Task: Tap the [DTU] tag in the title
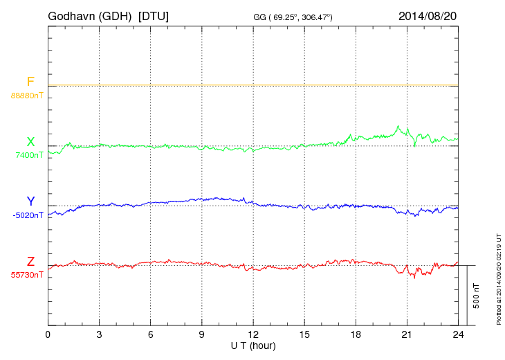tap(153, 15)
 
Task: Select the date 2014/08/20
tap(427, 15)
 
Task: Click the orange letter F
tap(30, 82)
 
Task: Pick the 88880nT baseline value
tap(27, 95)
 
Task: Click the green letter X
tap(30, 142)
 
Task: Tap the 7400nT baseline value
tap(29, 155)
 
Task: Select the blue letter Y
tap(30, 201)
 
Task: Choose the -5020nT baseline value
tap(28, 215)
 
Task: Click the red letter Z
tap(30, 262)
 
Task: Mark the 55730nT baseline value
tap(27, 275)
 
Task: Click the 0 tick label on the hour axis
tap(48, 334)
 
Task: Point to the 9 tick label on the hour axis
tap(202, 334)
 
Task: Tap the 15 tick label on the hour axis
tap(304, 334)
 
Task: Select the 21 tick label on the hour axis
tap(407, 334)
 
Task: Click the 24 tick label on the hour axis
tap(458, 334)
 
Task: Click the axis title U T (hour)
tap(253, 344)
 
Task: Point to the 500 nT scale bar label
tap(477, 295)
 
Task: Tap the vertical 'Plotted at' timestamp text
tap(498, 277)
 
